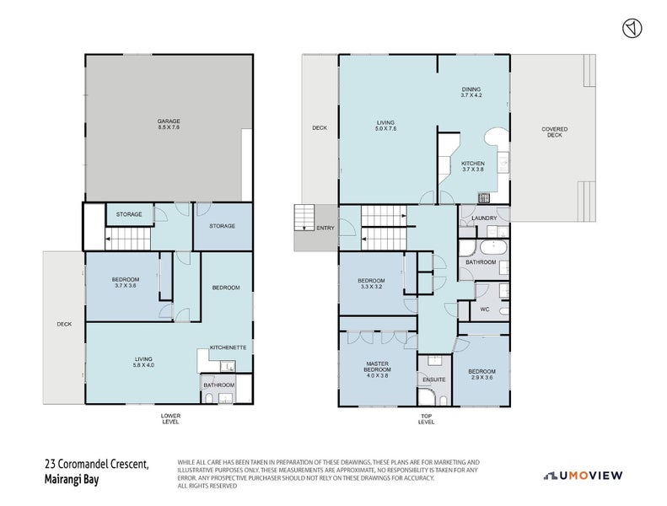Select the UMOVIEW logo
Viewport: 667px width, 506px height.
click(x=584, y=476)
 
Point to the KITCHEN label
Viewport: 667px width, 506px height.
click(x=472, y=163)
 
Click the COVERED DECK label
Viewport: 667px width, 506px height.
click(x=554, y=132)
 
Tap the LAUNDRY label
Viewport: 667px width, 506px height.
click(x=486, y=218)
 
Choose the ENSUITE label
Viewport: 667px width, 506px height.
click(x=435, y=379)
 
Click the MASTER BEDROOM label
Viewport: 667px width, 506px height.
click(x=376, y=367)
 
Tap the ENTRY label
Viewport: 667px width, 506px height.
click(x=325, y=228)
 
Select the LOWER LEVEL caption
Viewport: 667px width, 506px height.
click(x=170, y=418)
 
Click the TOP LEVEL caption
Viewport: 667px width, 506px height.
click(x=426, y=418)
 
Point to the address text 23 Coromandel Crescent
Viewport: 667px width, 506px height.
click(x=96, y=464)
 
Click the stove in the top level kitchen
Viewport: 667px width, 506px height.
click(x=485, y=198)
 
